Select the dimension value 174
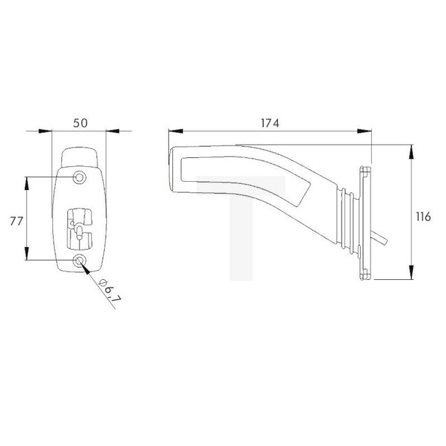pos(269,123)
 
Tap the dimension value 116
pos(423,216)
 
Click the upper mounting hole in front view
pos(80,178)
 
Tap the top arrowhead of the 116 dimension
pos(410,148)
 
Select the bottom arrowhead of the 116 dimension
pos(410,276)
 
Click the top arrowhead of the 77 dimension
pos(27,181)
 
